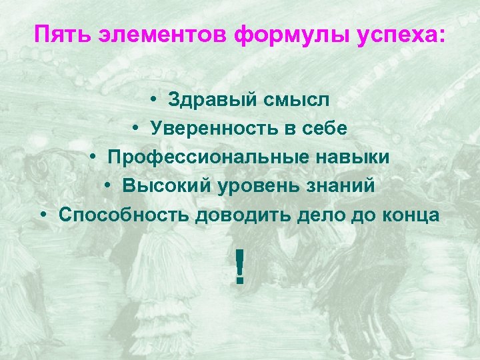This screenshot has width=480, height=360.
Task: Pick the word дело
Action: [x=305, y=215]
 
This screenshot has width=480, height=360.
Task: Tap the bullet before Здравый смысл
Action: [x=153, y=100]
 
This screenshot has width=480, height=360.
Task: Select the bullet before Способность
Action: [x=43, y=215]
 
